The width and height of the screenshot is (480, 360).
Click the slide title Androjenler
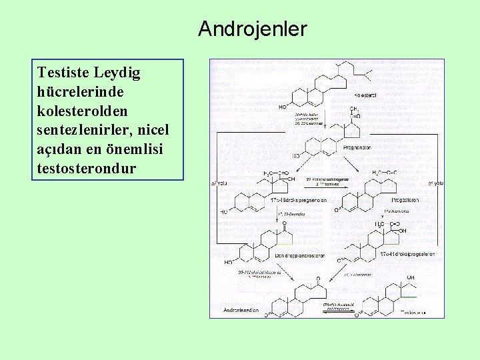(252, 29)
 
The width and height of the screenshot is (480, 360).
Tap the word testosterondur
(87, 168)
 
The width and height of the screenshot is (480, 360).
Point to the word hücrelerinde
(81, 91)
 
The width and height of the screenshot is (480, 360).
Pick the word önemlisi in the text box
(137, 149)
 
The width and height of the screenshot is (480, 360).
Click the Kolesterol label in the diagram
(365, 96)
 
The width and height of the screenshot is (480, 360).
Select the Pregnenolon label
(357, 147)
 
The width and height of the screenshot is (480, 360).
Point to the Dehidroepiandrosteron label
(301, 255)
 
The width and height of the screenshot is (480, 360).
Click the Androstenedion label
(241, 311)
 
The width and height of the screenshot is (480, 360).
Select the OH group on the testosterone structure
(411, 278)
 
